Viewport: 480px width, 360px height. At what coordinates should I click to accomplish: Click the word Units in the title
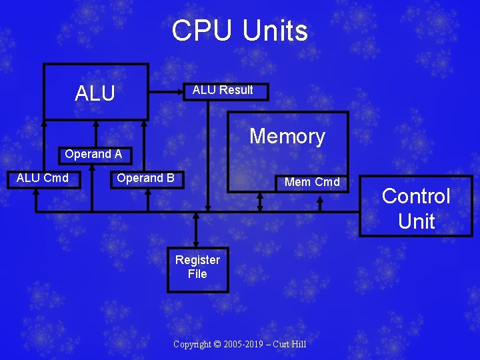(x=275, y=31)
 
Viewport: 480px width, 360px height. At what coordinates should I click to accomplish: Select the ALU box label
(x=95, y=93)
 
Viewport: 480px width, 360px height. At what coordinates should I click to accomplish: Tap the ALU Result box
(x=223, y=91)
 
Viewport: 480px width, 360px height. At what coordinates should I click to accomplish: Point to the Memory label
(x=287, y=137)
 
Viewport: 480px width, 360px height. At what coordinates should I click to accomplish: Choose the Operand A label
(x=93, y=155)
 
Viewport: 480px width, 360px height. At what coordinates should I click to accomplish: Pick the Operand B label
(x=145, y=178)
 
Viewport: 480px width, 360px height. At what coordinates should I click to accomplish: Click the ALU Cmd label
(x=43, y=178)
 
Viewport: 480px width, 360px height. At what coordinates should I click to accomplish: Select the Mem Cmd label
(x=312, y=182)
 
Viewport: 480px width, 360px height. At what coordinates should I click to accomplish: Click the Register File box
(x=197, y=267)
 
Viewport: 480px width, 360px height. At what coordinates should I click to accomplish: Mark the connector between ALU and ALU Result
(x=166, y=91)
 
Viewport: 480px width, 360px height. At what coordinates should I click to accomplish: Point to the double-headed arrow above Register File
(x=195, y=231)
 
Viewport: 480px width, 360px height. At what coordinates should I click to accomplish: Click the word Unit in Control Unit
(x=416, y=221)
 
